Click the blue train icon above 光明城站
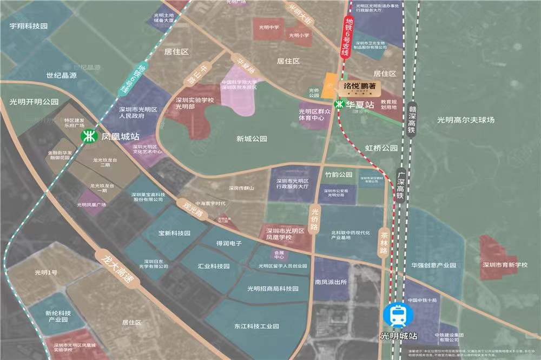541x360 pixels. (x=393, y=315)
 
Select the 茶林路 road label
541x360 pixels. (x=385, y=238)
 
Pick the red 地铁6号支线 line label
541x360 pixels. (x=346, y=37)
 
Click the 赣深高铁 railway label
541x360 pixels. (x=412, y=118)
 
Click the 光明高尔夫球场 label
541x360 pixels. (x=466, y=120)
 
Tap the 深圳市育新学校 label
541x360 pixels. (x=505, y=265)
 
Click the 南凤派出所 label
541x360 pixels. (x=330, y=282)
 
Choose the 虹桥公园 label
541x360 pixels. (x=381, y=148)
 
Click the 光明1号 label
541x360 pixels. (x=45, y=272)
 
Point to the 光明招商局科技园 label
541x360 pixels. (x=273, y=289)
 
